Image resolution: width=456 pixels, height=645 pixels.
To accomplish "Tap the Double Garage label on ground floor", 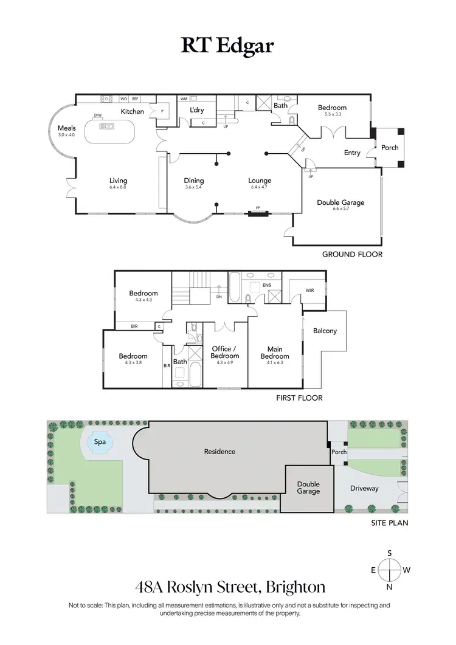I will pyautogui.click(x=340, y=202).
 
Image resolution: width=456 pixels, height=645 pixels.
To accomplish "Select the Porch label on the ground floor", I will pyautogui.click(x=390, y=148).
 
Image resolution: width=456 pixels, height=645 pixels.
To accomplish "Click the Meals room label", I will pyautogui.click(x=66, y=128).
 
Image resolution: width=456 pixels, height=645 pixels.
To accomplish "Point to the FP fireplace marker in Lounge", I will pyautogui.click(x=258, y=208).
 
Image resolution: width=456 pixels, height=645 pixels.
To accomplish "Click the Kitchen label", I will pyautogui.click(x=132, y=111).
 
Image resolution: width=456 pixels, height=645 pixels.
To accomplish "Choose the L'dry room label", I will pyautogui.click(x=197, y=109).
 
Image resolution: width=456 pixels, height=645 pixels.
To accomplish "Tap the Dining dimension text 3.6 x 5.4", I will pyautogui.click(x=194, y=187).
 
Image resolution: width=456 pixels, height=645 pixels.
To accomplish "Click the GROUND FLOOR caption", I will pyautogui.click(x=352, y=254).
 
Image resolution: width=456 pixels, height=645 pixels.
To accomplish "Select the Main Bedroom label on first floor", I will pyautogui.click(x=275, y=353).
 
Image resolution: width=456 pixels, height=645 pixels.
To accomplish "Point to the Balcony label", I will pyautogui.click(x=325, y=331).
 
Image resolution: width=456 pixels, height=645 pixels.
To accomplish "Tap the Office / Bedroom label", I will pyautogui.click(x=225, y=352).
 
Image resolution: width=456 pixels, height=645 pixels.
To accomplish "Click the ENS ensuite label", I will pyautogui.click(x=267, y=284).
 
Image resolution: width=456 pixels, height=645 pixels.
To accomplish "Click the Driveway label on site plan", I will pyautogui.click(x=364, y=488).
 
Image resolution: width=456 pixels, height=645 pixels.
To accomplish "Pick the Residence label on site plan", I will pyautogui.click(x=219, y=452).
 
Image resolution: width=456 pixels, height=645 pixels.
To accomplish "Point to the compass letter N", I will pyautogui.click(x=389, y=587).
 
